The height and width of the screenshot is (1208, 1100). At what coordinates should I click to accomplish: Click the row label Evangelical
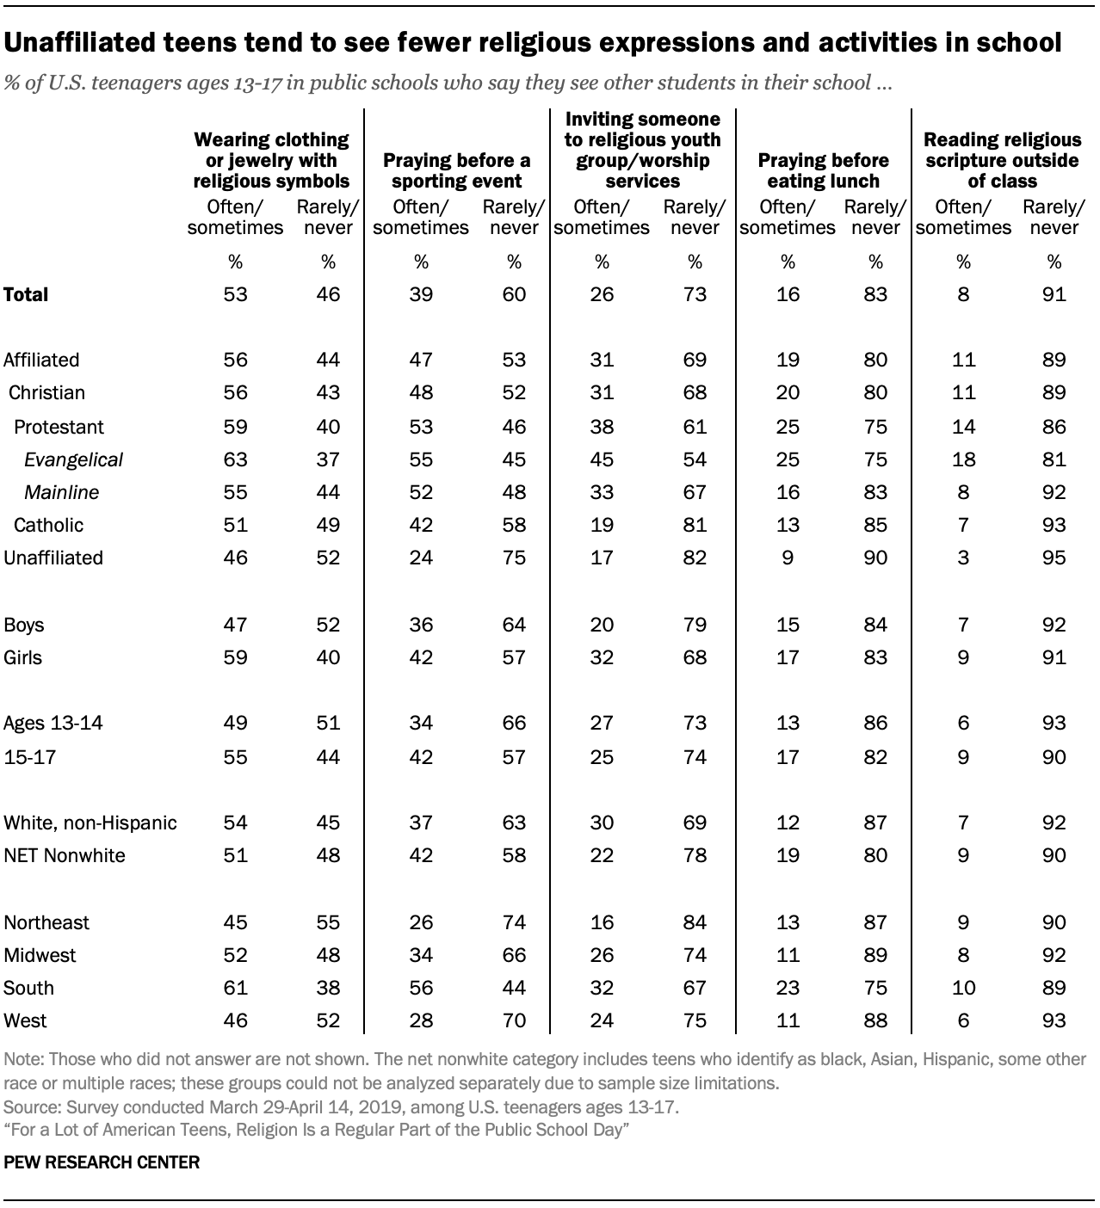pos(73,459)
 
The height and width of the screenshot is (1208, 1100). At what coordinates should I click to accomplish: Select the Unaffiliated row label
pos(53,558)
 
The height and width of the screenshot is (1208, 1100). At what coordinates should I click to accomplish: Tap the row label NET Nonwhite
pos(65,855)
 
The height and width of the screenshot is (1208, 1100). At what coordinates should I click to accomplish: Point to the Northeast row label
pos(46,922)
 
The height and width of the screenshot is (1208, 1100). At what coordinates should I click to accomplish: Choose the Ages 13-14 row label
pos(53,723)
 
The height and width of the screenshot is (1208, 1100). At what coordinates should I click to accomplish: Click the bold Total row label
pos(27,294)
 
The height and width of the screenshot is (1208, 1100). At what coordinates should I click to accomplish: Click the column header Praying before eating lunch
pos(823,170)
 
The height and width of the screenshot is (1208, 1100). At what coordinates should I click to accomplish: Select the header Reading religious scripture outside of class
pos(1002,160)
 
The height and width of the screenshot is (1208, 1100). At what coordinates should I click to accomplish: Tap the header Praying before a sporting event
pos(456,170)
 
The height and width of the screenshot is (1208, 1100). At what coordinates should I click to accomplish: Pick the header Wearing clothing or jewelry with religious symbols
pos(271,160)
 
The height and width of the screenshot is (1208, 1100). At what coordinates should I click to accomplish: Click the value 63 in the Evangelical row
pos(235,459)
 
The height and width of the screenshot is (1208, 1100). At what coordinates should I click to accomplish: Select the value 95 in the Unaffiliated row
pos(1054,558)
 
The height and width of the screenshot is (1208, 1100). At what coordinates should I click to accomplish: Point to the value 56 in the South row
pos(421,988)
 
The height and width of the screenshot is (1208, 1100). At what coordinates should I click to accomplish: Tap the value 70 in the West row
pos(514,1020)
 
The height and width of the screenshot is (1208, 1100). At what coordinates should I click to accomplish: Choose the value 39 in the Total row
pos(421,294)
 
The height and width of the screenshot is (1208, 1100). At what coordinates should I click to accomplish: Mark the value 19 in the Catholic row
pos(602,525)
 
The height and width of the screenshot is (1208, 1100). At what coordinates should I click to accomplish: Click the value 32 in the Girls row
pos(602,657)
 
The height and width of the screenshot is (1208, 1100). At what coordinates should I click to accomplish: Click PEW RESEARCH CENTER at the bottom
pos(102,1162)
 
